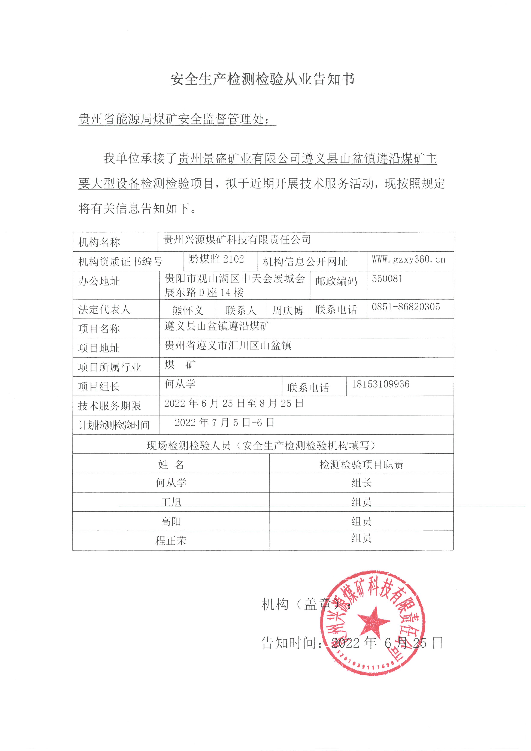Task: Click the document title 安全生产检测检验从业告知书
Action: (x=263, y=79)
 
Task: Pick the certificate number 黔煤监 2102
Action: (x=216, y=259)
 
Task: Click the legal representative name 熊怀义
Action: (x=188, y=310)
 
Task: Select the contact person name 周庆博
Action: (x=288, y=310)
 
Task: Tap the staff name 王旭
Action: (x=171, y=502)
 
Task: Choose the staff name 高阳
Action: (x=171, y=521)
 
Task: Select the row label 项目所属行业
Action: (x=110, y=367)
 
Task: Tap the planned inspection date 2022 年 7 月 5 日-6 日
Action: (x=224, y=423)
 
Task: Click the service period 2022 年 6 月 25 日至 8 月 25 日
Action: (x=234, y=403)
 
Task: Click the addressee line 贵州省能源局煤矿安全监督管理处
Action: (x=175, y=119)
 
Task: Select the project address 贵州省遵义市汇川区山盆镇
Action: (x=228, y=345)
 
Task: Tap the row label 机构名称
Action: (x=99, y=242)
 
